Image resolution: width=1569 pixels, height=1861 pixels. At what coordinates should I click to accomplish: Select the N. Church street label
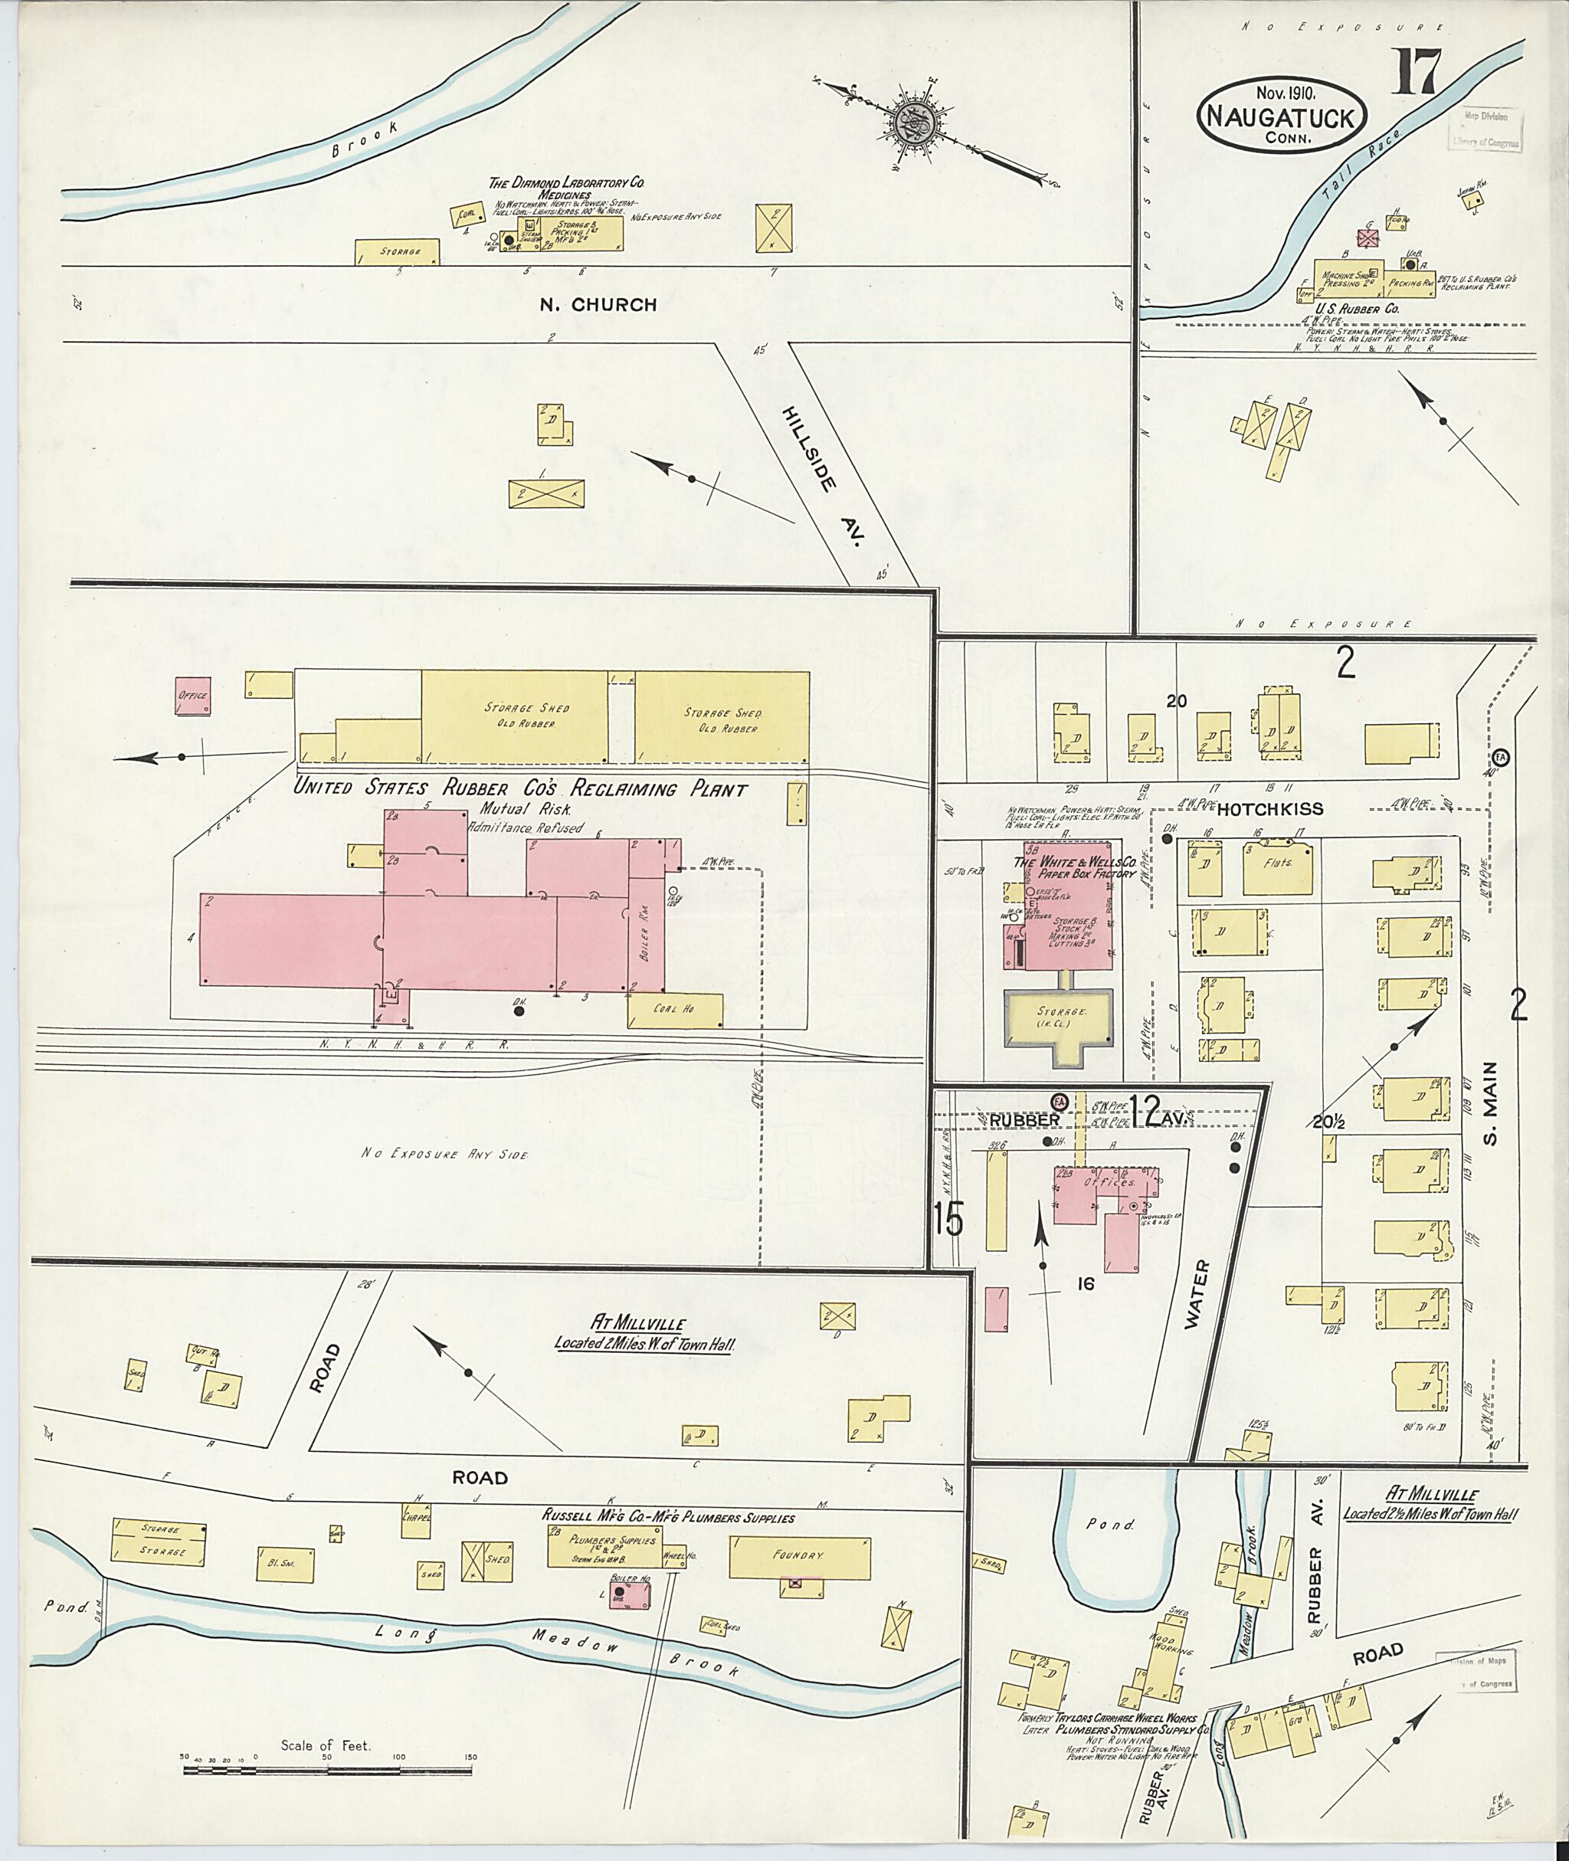coord(598,305)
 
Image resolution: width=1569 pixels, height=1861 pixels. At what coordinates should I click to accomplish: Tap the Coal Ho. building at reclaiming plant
coord(675,1010)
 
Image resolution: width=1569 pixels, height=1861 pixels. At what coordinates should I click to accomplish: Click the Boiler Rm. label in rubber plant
coord(647,943)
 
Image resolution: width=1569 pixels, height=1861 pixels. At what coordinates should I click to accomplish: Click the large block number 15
coord(949,1220)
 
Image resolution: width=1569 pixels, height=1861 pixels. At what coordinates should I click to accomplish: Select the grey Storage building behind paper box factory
coord(1059,1014)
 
